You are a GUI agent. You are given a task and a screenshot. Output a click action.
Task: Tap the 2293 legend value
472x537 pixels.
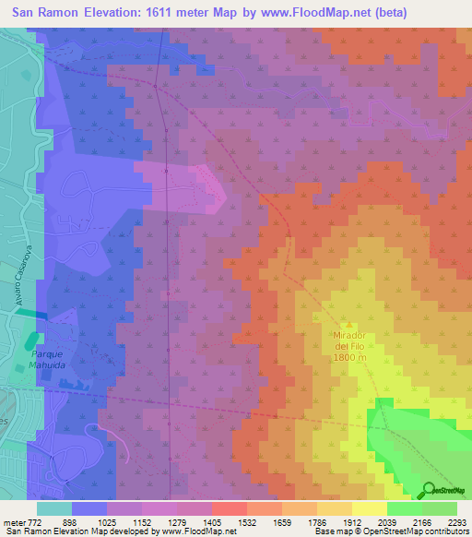coord(456,521)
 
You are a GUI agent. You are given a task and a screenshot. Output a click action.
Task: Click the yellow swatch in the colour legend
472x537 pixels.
coord(369,508)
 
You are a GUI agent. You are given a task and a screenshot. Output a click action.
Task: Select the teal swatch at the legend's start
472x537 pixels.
coord(54,508)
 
